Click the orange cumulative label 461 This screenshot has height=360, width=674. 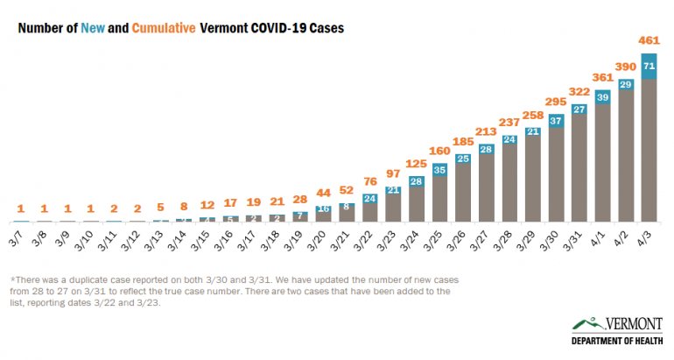[649, 39]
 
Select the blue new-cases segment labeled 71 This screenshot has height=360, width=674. [649, 66]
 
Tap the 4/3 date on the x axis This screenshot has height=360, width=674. [647, 237]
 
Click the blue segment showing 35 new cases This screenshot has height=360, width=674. [439, 169]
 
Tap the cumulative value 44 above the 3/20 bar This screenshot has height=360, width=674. [323, 193]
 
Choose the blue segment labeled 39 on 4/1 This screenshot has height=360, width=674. [602, 98]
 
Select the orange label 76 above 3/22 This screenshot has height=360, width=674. [369, 181]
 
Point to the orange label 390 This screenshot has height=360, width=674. [626, 67]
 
